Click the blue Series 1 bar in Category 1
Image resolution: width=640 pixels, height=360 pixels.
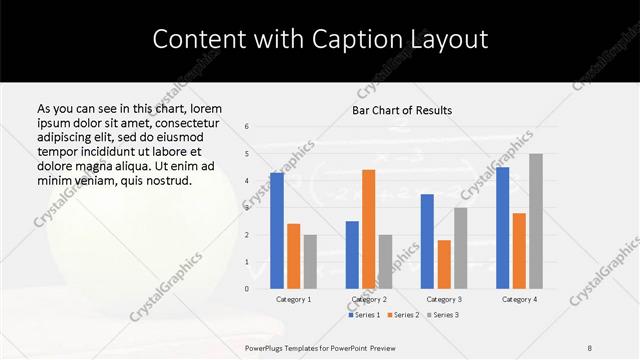click(x=277, y=230)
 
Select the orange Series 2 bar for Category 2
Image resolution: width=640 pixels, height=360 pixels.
click(x=368, y=229)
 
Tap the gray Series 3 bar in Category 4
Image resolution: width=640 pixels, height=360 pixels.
click(x=535, y=221)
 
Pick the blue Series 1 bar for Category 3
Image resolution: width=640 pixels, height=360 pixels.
click(x=427, y=241)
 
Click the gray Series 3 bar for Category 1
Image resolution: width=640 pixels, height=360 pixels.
click(x=310, y=261)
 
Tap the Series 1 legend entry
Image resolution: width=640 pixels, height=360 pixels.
click(x=364, y=315)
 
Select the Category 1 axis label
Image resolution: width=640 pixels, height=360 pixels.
click(x=293, y=299)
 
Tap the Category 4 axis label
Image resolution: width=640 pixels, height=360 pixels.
click(x=519, y=299)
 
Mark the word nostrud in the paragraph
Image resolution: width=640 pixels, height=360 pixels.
click(x=165, y=180)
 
